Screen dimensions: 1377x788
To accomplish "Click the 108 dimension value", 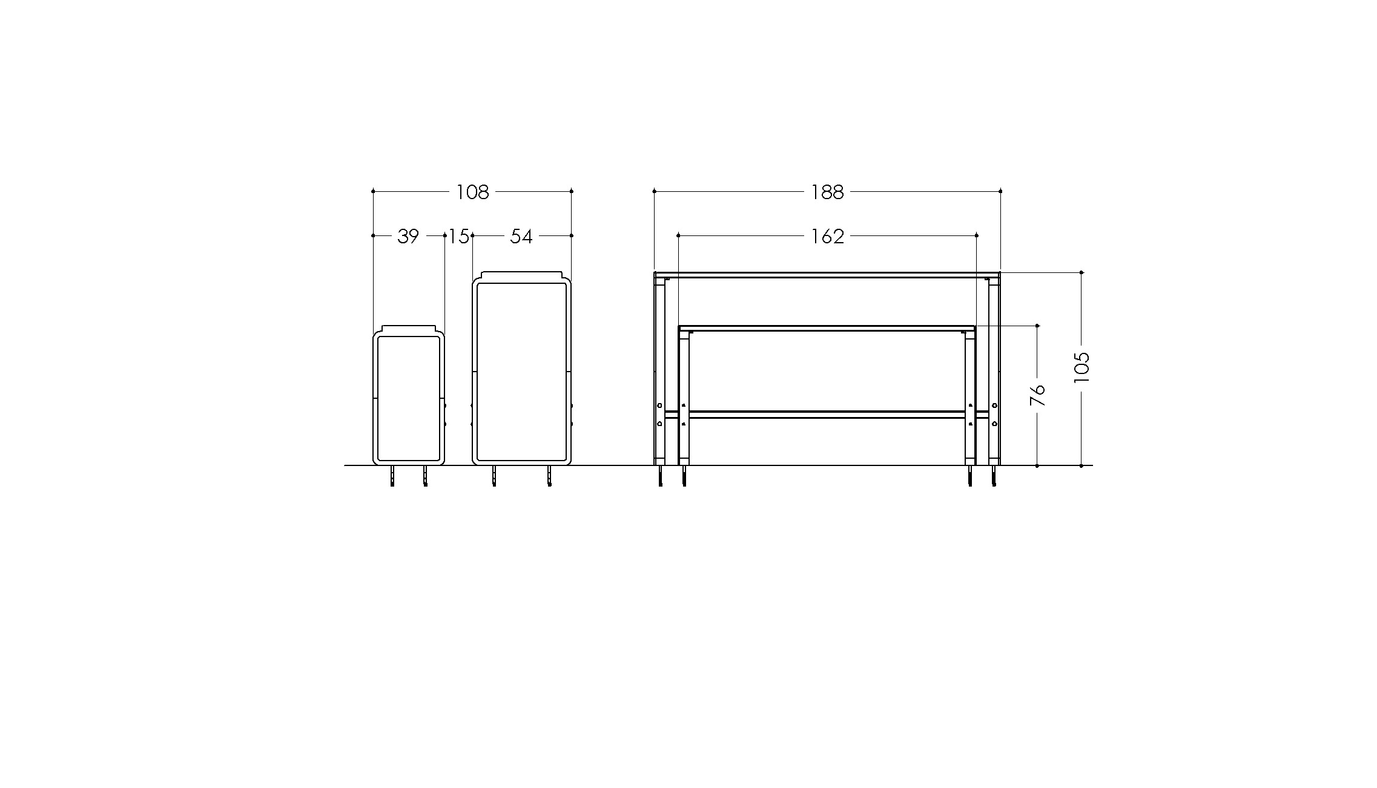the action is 472,192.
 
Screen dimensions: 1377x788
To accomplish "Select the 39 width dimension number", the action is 408,236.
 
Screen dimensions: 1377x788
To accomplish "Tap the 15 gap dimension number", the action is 459,236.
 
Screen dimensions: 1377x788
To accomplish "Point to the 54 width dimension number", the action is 521,236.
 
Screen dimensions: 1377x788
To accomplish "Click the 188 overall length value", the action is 828,192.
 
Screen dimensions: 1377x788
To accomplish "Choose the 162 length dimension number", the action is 828,236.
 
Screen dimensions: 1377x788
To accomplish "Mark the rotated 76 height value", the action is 1038,395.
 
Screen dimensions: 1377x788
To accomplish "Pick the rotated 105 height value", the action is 1082,367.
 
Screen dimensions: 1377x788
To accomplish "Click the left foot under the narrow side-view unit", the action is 393,476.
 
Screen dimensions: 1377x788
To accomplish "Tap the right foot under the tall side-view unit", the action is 549,476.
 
